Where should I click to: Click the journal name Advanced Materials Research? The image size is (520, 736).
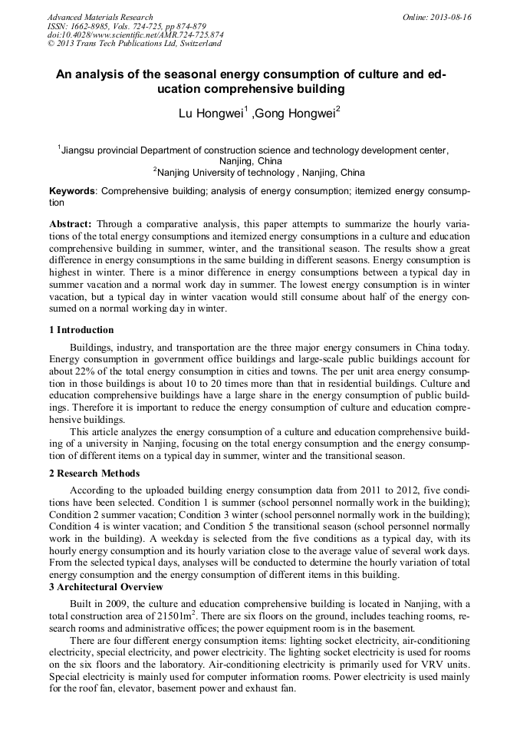[100, 17]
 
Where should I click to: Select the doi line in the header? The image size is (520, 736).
[135, 35]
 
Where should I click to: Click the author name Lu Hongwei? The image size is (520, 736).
[210, 114]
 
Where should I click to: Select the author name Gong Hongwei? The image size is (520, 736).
[296, 114]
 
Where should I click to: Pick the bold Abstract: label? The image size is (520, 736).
[71, 223]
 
